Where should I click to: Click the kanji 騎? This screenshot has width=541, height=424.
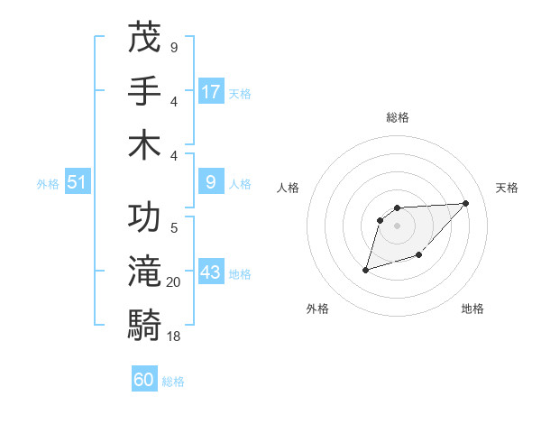coord(144,325)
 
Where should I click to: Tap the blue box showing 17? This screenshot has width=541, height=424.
coord(211,92)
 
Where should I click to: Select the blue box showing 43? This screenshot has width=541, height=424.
coord(211,273)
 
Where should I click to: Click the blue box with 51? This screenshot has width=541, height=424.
coord(77,183)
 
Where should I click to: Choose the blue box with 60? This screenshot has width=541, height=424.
coord(144,380)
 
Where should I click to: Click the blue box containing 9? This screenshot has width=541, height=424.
coord(211,183)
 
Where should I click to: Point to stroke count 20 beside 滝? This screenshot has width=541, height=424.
coord(174,282)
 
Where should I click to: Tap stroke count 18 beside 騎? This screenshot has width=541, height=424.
coord(174,336)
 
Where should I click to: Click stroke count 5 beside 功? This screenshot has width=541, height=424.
coord(174,228)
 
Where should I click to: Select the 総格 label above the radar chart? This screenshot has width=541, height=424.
coord(398,117)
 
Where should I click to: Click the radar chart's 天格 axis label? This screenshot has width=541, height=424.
coord(507,188)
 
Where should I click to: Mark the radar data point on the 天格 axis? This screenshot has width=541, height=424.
coord(465,203)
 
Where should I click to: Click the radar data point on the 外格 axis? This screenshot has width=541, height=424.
coord(365,270)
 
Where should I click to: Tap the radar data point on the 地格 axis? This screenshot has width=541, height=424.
coord(419,256)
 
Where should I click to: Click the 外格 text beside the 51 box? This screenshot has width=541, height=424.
coord(48,184)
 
